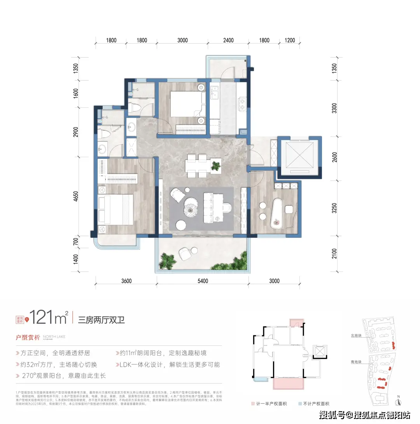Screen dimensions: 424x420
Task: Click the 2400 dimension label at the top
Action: coord(228,40)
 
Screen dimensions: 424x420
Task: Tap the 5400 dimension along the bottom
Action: coord(203,281)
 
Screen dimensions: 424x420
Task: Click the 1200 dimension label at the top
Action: coord(290,40)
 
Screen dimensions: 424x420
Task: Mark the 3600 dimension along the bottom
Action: coord(126,281)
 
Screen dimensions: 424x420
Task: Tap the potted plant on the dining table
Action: coord(215,166)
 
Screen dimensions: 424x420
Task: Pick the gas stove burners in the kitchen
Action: coord(242,102)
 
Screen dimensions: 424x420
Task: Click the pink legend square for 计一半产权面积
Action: coord(253,404)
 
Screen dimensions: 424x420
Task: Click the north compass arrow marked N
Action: coord(399,401)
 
